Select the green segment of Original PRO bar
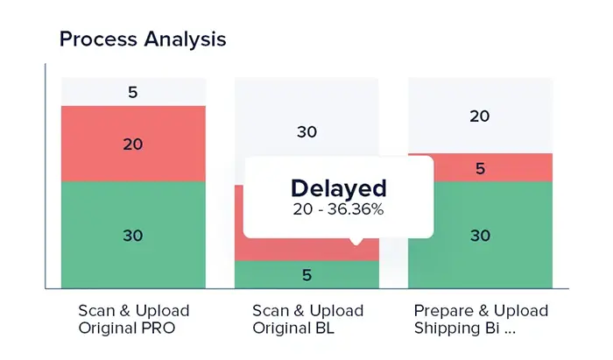tap(133, 235)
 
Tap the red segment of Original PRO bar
tap(133, 144)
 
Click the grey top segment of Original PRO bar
tap(133, 91)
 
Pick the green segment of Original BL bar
tap(306, 274)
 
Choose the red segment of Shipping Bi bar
tap(480, 167)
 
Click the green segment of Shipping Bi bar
tap(480, 235)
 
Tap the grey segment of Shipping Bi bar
tap(480, 115)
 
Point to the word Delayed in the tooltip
tap(338, 187)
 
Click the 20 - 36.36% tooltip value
tap(338, 209)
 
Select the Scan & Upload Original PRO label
tap(133, 320)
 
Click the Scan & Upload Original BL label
tap(306, 320)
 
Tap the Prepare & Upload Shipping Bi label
tap(481, 320)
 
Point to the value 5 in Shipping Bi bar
tap(480, 168)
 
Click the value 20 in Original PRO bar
tap(133, 145)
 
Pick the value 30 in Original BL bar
tap(306, 132)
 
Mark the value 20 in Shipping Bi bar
tap(480, 116)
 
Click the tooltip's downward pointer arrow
tap(355, 242)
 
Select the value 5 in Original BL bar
tap(306, 275)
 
